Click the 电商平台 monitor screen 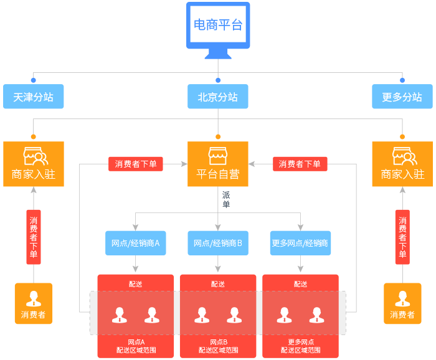[218, 25]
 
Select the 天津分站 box [34, 97]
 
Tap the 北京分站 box [218, 97]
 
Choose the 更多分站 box [402, 97]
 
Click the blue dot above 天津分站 [34, 80]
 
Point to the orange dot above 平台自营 [218, 137]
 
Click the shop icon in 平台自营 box [218, 156]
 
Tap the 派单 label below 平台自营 [226, 199]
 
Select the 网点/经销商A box [136, 244]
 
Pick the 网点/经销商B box [218, 244]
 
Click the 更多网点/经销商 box [301, 244]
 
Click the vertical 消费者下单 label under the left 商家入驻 [34, 237]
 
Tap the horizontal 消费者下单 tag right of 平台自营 [300, 164]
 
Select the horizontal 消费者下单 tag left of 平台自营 [136, 164]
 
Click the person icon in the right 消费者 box [402, 298]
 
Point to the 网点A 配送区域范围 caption [136, 346]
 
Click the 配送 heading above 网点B [218, 284]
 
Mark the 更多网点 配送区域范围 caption [301, 346]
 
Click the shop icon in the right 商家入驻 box [405, 156]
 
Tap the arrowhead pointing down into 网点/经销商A [135, 227]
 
